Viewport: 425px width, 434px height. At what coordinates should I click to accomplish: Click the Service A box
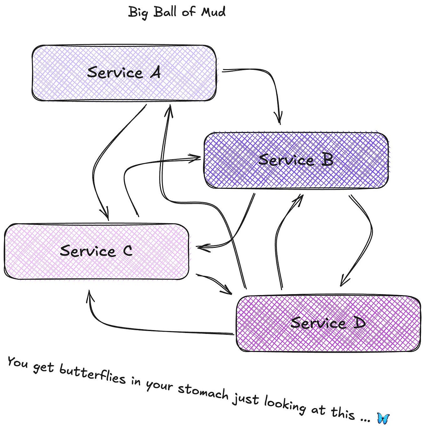click(x=124, y=73)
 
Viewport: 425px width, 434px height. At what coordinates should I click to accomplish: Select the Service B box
click(x=296, y=160)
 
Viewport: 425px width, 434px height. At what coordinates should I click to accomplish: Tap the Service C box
click(x=96, y=251)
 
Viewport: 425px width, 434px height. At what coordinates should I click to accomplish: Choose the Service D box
click(x=328, y=323)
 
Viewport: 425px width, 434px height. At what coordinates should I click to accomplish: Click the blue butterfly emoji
click(x=383, y=418)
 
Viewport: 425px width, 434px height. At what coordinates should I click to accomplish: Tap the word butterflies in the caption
click(x=92, y=374)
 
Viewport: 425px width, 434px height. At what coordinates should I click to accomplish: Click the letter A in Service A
click(x=155, y=72)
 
